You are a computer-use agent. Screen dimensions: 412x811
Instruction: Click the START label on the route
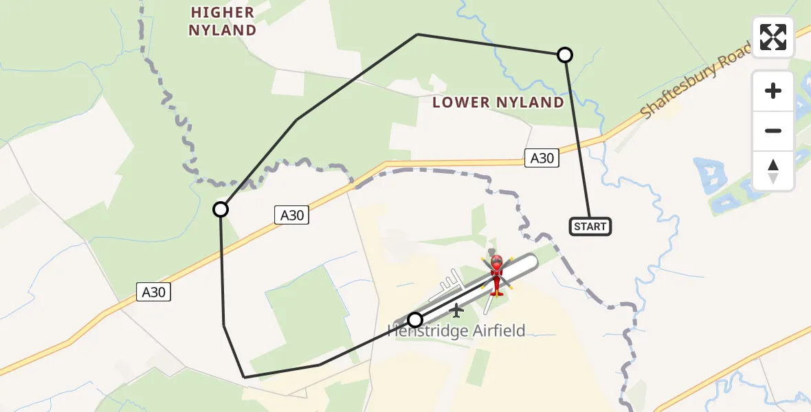tap(590, 226)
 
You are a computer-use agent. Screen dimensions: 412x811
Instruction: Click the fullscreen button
tap(773, 37)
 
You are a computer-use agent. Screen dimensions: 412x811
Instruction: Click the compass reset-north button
tap(773, 171)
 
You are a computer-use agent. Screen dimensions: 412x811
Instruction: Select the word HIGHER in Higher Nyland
tap(223, 12)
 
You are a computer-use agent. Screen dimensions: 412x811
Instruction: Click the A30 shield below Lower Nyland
tap(542, 158)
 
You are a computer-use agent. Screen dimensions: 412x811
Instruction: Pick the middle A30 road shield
tap(291, 215)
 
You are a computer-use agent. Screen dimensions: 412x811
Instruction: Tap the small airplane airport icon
tap(456, 311)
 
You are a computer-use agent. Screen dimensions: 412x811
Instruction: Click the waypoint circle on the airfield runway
tap(415, 320)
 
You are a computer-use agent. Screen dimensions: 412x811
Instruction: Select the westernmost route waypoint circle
tap(221, 209)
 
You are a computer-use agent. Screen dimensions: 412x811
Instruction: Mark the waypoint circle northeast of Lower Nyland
tap(564, 55)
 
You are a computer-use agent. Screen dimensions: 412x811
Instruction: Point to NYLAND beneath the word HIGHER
tap(223, 30)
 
